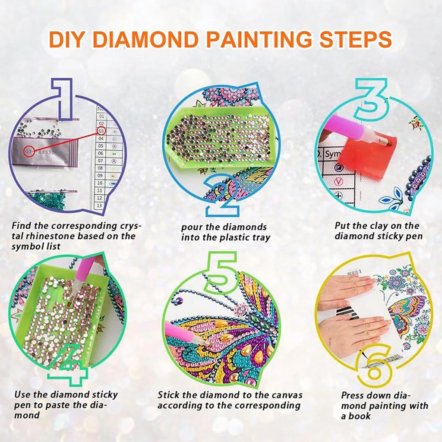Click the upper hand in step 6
tap(345, 287)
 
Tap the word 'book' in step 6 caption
tap(361, 417)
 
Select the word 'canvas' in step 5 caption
tap(288, 395)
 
